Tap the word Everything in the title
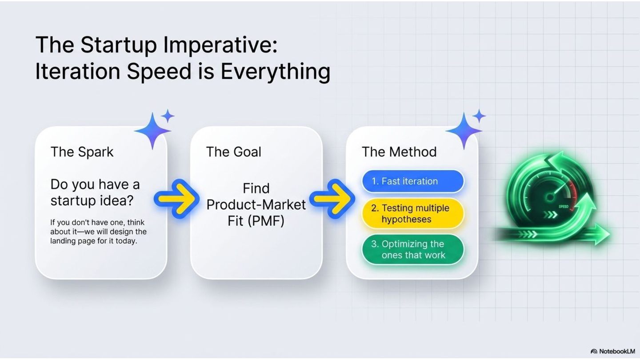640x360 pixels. [276, 72]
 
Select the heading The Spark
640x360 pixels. [82, 152]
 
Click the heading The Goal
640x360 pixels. [233, 152]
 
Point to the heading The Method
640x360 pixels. [399, 152]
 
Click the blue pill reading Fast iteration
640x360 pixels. [413, 181]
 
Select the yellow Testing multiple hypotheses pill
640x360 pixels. [413, 213]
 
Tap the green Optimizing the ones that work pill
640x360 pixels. [413, 249]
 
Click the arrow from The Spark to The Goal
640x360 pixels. [176, 199]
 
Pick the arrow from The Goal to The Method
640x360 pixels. [332, 199]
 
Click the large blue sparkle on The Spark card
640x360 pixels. [152, 131]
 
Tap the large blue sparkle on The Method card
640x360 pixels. [464, 131]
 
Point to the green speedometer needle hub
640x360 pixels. [550, 197]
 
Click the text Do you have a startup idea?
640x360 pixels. [95, 192]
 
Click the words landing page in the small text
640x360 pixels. [73, 241]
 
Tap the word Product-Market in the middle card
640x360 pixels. [256, 204]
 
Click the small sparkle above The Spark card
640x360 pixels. [168, 116]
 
